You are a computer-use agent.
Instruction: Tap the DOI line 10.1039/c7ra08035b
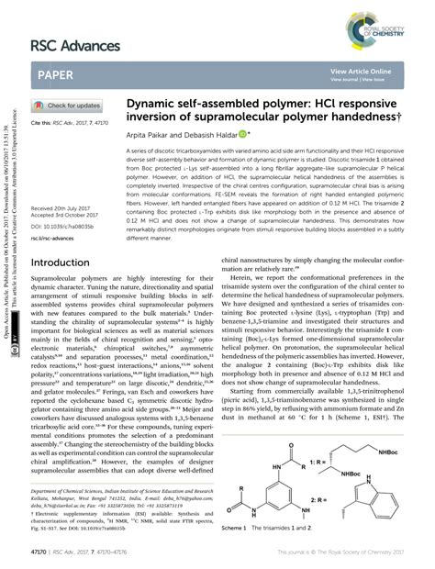tap(63, 225)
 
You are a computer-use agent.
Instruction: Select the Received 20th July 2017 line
tap(61, 208)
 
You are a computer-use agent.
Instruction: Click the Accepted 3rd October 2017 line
tap(65, 216)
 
